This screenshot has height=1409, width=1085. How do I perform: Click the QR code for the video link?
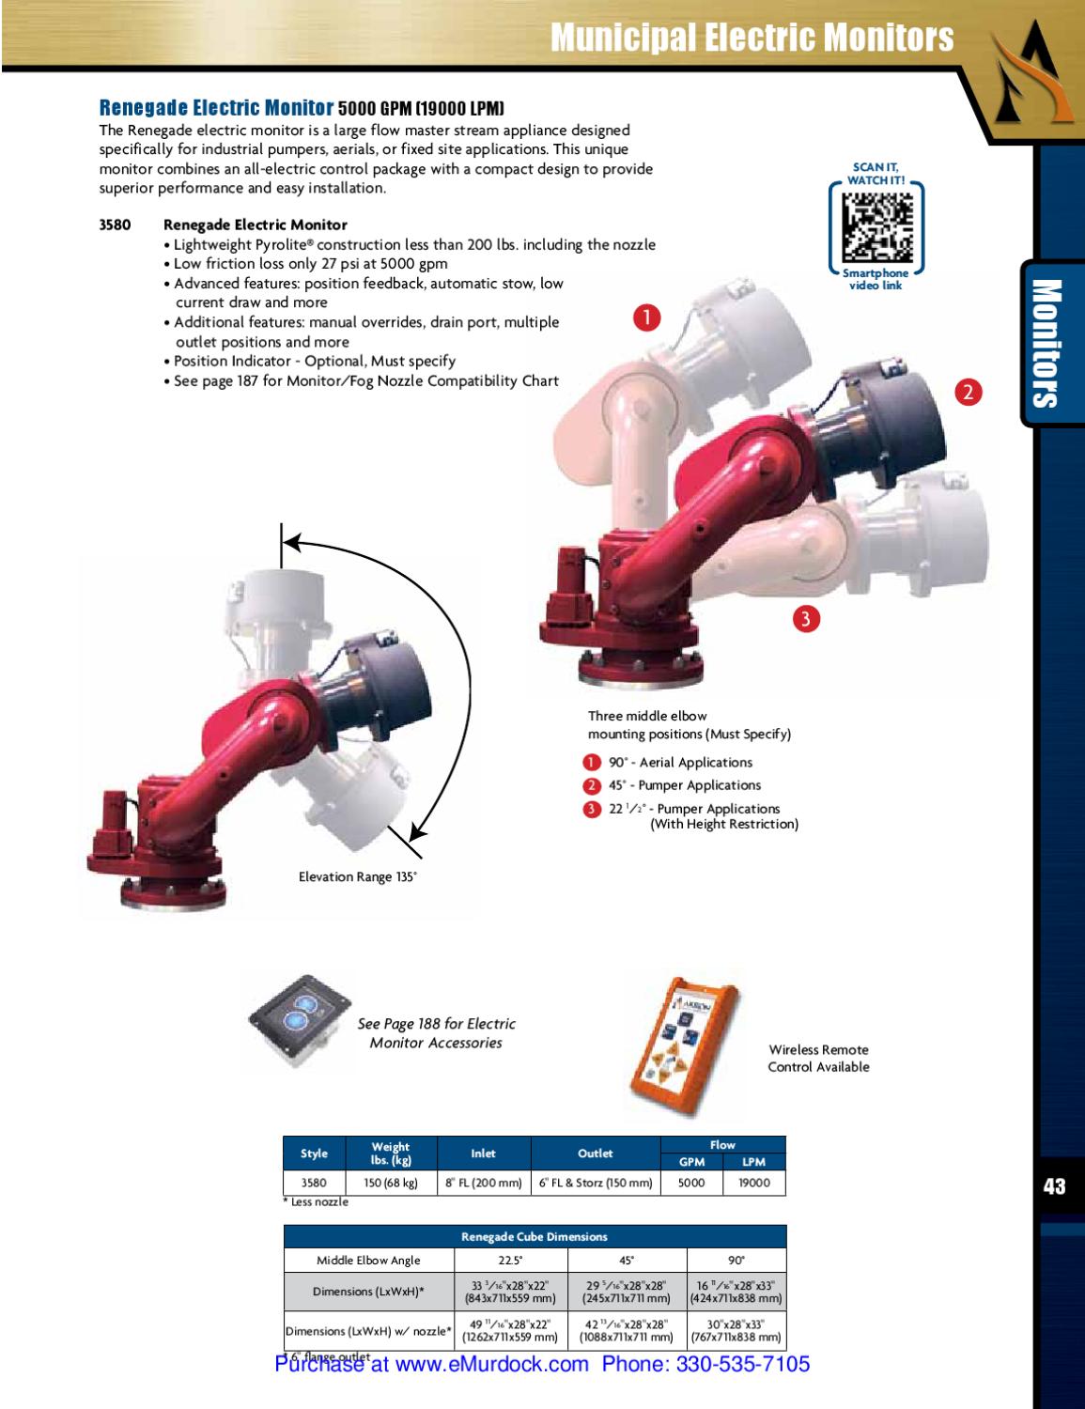click(876, 228)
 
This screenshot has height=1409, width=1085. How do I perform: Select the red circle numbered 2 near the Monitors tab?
click(969, 392)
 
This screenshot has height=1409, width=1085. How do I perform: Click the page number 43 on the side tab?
click(1055, 1186)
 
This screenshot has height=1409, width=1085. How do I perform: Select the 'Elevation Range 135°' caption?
click(357, 876)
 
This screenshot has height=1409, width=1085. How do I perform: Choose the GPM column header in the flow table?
click(691, 1162)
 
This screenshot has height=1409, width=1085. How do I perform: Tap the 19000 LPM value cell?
click(753, 1183)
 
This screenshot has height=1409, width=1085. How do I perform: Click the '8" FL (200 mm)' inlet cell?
click(484, 1183)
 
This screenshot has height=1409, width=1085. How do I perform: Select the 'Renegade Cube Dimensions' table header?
click(534, 1237)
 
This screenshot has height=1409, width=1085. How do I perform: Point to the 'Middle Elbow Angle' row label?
click(368, 1261)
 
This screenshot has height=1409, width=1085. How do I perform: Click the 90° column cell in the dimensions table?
click(736, 1261)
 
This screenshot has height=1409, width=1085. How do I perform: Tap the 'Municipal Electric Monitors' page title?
click(752, 38)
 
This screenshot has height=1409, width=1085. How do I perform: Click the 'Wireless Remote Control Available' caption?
click(818, 1058)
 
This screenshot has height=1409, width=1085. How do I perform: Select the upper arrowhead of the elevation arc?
click(293, 543)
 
